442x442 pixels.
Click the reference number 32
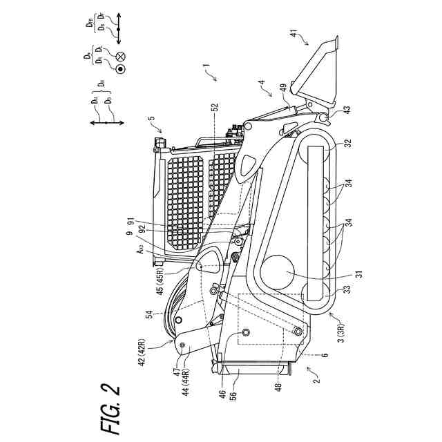click(347, 144)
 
